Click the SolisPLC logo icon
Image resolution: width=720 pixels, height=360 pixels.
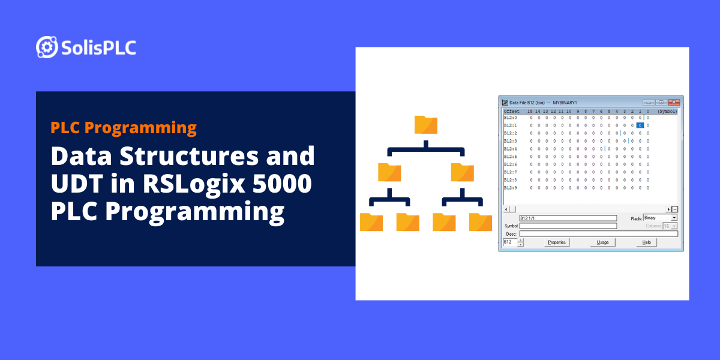tap(47, 47)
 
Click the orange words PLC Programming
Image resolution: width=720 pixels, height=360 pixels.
tap(124, 127)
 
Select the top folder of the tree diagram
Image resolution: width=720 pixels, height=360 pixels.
tap(426, 125)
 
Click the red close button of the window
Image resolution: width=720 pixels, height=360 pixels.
tap(674, 103)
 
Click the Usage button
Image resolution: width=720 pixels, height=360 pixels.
tap(602, 242)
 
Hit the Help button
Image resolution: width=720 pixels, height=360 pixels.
tap(646, 242)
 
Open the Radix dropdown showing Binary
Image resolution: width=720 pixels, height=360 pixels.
tap(660, 218)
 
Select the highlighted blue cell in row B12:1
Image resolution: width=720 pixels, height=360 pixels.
tap(640, 125)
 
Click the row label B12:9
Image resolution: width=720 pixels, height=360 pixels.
tap(511, 188)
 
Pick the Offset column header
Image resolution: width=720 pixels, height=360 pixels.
tap(512, 111)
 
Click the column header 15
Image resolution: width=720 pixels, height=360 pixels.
tap(530, 111)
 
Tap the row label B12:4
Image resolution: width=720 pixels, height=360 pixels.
tap(511, 149)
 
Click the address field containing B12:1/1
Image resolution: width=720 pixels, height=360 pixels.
tap(568, 218)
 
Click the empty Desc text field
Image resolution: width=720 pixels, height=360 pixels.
tap(598, 233)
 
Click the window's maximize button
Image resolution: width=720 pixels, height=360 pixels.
tap(661, 103)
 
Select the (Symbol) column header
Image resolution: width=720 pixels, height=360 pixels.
tap(667, 111)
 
